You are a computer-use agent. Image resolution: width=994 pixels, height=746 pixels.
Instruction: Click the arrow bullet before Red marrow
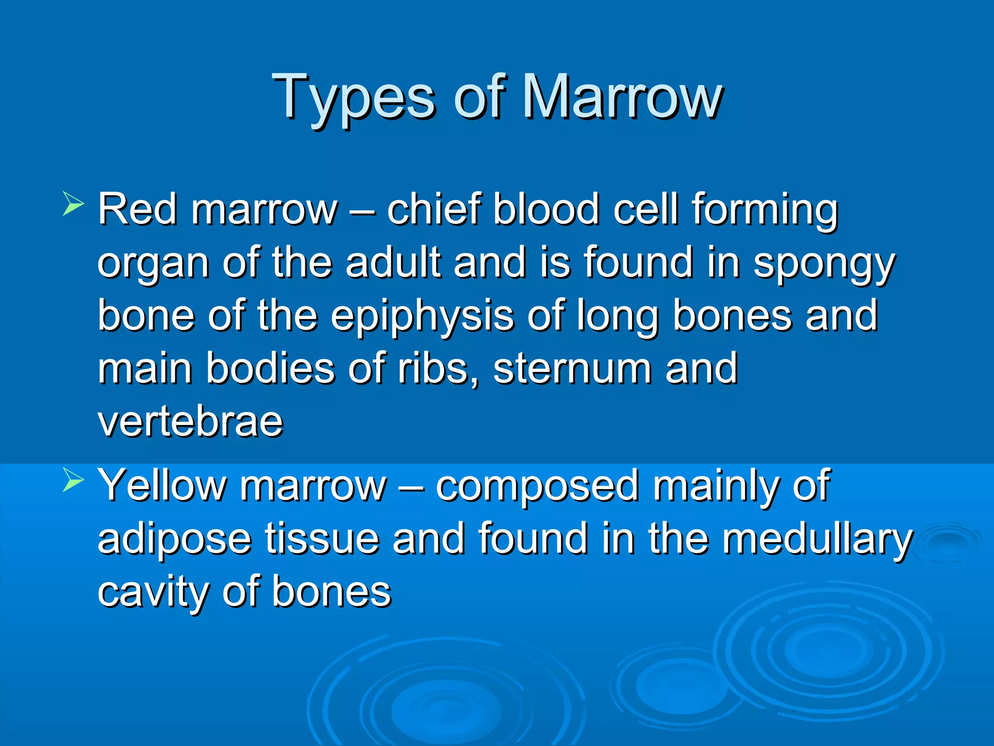73,204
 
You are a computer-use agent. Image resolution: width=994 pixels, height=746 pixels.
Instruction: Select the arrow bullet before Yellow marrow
73,481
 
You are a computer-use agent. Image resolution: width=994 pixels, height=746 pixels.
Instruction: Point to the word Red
137,209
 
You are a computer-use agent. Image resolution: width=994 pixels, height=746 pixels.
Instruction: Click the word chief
432,209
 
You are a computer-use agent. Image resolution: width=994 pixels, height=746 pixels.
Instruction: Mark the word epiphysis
422,317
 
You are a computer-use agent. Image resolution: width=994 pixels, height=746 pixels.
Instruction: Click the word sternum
572,369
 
